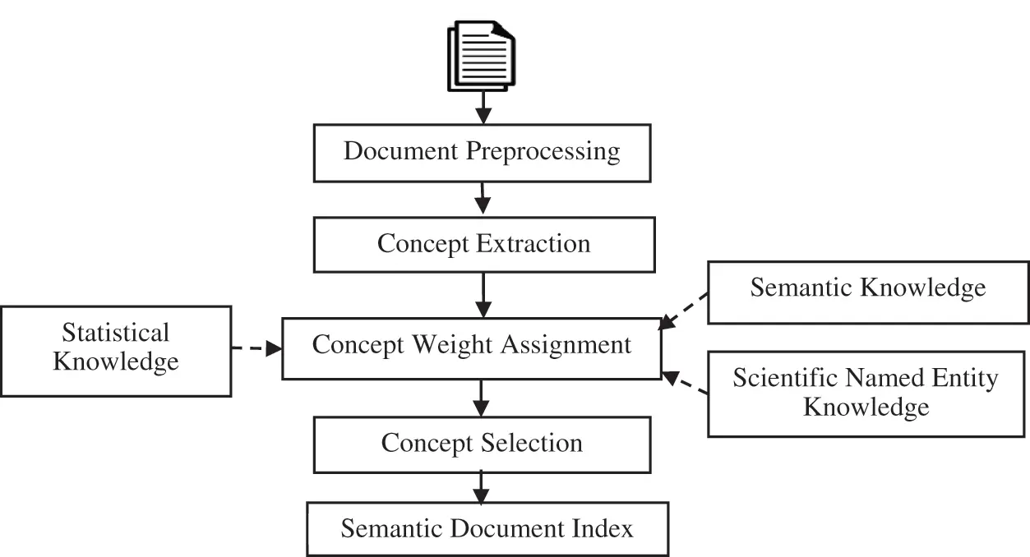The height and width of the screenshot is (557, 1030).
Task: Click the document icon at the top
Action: click(481, 56)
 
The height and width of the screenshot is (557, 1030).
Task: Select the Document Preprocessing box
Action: click(482, 153)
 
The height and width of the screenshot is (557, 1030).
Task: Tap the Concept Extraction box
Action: click(483, 244)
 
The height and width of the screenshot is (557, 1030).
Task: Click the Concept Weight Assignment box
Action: click(472, 346)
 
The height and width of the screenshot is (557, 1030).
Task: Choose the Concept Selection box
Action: click(482, 444)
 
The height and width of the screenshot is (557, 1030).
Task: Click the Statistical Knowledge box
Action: click(116, 348)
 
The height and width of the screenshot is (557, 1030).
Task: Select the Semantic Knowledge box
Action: click(867, 288)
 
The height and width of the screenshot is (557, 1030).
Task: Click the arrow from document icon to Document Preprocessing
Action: click(483, 107)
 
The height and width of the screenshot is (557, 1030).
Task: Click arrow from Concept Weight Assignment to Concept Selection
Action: click(482, 398)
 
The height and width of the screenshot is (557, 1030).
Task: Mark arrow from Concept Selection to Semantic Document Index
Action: click(481, 487)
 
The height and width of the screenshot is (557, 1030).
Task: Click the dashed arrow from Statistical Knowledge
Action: click(256, 348)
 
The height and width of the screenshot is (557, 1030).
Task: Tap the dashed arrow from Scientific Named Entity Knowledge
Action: click(685, 384)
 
